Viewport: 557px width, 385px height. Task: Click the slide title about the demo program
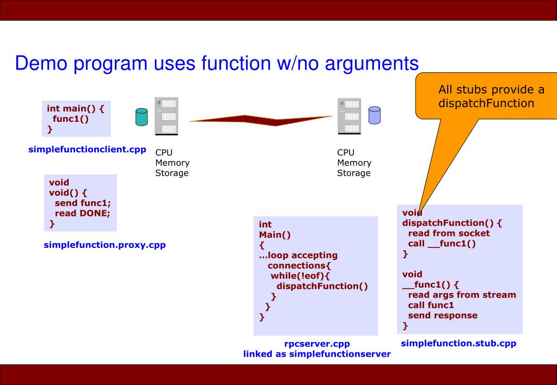tap(217, 64)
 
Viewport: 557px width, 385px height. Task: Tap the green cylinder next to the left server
tap(141, 116)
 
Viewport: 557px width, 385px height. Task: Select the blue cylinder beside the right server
tap(374, 115)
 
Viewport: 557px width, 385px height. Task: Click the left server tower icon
tap(167, 115)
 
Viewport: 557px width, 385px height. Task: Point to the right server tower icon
tap(349, 116)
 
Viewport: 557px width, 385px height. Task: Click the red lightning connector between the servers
tap(261, 119)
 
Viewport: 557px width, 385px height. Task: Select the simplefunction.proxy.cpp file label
tap(105, 245)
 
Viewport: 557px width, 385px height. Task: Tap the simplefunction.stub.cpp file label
tap(458, 343)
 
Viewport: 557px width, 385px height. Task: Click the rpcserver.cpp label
tap(317, 344)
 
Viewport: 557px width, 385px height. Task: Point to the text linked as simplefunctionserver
tap(317, 354)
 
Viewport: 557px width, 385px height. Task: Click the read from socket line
tap(449, 233)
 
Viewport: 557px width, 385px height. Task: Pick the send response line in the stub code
tap(443, 315)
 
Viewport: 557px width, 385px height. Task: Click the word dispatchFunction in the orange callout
tap(486, 102)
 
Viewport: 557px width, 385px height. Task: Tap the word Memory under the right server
tap(354, 163)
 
